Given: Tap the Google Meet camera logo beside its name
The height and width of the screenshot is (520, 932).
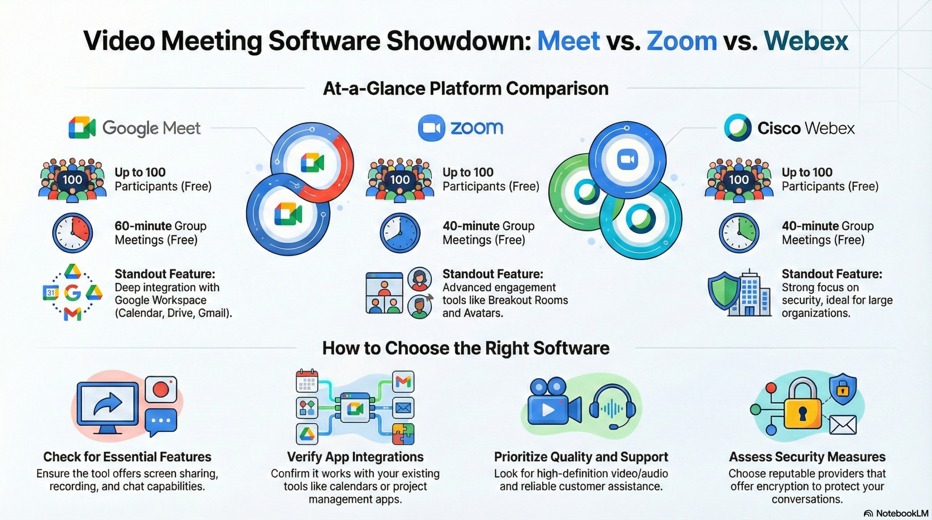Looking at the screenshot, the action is [x=82, y=128].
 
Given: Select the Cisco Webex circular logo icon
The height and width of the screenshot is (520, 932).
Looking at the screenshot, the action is [x=738, y=128].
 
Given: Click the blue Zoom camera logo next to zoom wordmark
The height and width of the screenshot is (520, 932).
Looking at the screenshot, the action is [x=431, y=128].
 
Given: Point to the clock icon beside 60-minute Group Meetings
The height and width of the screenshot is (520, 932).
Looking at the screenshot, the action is [x=72, y=233].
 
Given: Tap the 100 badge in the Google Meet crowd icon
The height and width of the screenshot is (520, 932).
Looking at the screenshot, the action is [x=72, y=179].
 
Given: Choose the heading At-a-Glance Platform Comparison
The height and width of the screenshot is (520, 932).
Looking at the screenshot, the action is [x=466, y=88].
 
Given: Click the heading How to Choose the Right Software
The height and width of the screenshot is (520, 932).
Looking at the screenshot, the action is [x=466, y=348].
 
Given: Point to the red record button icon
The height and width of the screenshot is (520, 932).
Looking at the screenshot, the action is [x=161, y=389].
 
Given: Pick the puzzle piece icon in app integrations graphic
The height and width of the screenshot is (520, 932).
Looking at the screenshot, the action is [x=403, y=434].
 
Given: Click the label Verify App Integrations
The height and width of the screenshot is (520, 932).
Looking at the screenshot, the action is [x=355, y=457].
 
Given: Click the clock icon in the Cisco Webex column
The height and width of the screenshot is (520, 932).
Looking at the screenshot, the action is [x=739, y=233].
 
